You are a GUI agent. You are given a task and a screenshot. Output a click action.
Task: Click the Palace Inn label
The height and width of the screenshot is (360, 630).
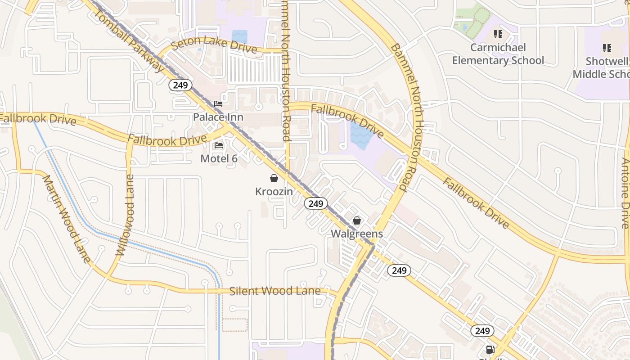click(218, 117)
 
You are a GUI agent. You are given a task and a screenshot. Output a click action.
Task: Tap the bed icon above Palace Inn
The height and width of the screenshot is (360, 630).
click(218, 104)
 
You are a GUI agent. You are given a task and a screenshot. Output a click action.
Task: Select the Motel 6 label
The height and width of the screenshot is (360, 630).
click(219, 158)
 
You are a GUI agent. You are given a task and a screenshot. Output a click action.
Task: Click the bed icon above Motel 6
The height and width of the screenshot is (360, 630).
click(219, 145)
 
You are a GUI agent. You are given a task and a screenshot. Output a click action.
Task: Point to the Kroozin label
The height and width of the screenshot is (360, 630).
click(274, 192)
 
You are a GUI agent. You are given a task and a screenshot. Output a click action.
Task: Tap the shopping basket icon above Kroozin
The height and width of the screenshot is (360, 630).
click(274, 178)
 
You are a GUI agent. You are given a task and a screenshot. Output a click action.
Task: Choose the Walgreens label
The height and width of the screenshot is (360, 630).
click(357, 234)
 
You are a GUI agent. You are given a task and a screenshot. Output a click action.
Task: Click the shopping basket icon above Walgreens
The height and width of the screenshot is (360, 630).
click(357, 220)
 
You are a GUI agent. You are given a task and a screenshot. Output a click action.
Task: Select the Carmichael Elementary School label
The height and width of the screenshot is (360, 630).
click(498, 54)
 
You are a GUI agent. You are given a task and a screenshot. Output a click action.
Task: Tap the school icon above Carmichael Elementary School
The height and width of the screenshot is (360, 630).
click(498, 34)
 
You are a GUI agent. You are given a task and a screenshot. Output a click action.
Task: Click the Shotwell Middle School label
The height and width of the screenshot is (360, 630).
click(603, 67)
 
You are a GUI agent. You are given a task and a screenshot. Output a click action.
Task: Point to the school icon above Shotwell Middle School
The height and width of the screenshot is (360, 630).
click(607, 48)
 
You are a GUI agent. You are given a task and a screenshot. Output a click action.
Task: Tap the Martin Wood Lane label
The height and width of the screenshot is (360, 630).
click(67, 219)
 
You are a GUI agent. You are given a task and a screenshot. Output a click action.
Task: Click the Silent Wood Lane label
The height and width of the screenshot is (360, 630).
click(275, 291)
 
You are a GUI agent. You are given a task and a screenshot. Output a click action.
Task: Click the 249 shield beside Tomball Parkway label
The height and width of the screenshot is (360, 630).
click(180, 85)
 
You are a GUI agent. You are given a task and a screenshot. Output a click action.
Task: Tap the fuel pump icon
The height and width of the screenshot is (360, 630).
click(490, 350)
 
